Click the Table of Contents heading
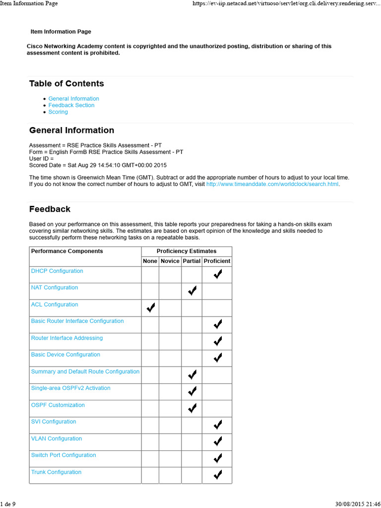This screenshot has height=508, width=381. [66, 83]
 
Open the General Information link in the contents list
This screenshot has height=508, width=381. [73, 99]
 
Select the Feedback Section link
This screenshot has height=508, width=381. [71, 105]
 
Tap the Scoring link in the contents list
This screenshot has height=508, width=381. [58, 112]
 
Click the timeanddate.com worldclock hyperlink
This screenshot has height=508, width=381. [272, 184]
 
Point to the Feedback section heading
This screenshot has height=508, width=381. [50, 209]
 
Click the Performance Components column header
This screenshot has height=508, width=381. [67, 251]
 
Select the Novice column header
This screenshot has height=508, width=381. [170, 261]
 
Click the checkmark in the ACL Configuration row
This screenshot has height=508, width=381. [151, 308]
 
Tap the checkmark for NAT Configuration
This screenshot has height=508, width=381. [192, 291]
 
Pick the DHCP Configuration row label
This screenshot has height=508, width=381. [57, 271]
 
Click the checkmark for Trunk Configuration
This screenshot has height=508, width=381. [217, 475]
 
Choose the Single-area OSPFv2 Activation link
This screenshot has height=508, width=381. [70, 388]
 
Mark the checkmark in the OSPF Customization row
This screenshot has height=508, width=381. [192, 408]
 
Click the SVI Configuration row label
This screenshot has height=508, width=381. [54, 422]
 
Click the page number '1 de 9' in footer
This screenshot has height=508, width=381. [8, 504]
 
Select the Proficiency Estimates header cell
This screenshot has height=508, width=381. [187, 251]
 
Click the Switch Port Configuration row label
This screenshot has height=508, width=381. [63, 455]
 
